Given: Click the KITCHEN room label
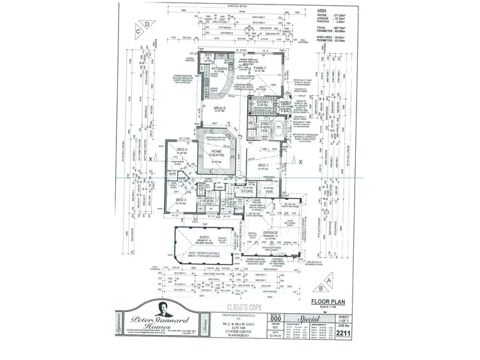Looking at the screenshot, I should [x=211, y=67].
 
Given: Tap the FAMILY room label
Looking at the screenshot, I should [x=259, y=67].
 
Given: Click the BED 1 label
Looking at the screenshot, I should [x=264, y=165].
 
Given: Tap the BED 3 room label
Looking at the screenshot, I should [x=181, y=199].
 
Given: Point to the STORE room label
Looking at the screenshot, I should [x=246, y=190].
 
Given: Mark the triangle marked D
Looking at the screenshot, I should [x=147, y=24].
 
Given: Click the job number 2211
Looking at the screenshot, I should [x=342, y=332].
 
